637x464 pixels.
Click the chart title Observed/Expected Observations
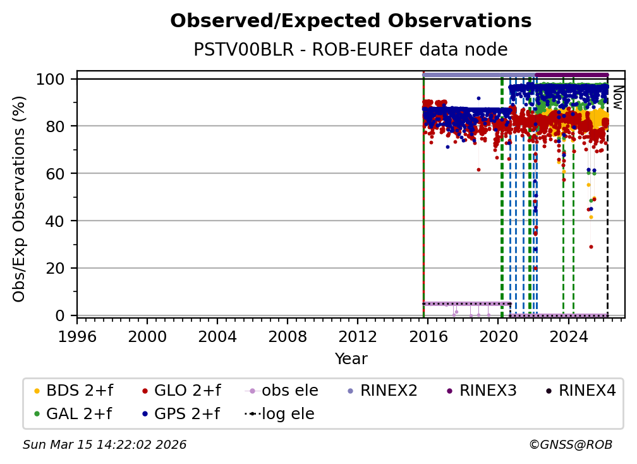(x=351, y=21)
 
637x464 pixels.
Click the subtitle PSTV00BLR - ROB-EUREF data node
(x=351, y=50)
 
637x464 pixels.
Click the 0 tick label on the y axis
(x=61, y=315)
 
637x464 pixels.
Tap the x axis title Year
(x=351, y=359)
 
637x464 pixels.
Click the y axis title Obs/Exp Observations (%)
(x=20, y=198)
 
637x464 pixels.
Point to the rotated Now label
(x=617, y=98)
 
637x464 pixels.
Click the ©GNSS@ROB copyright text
(x=570, y=445)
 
